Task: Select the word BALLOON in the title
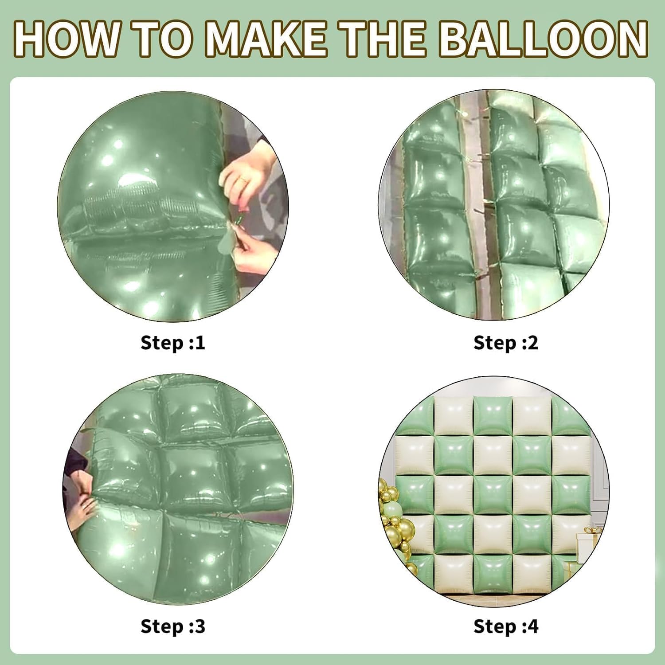(544, 39)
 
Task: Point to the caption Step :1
(173, 343)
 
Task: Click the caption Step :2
(506, 343)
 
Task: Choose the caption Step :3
(173, 626)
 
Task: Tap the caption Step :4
(506, 626)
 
